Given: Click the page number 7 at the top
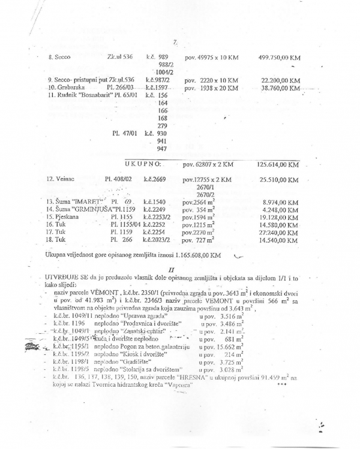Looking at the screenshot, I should (x=175, y=42).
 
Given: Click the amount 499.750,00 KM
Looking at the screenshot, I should (x=280, y=58).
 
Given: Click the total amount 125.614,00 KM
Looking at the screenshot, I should (x=278, y=164).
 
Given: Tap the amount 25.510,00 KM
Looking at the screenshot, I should (x=280, y=179).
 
